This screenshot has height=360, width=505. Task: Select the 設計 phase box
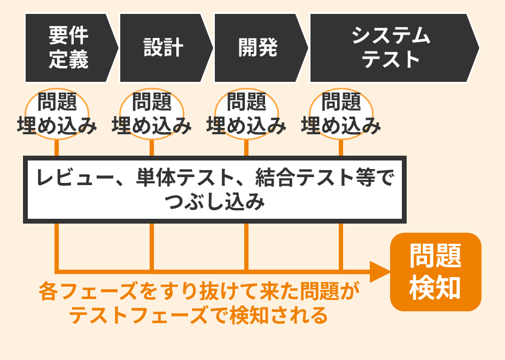(x=163, y=48)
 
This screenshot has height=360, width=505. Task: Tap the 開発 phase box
(x=258, y=48)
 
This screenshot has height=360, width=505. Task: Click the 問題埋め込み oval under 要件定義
(x=57, y=114)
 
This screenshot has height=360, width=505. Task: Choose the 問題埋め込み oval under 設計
(x=151, y=114)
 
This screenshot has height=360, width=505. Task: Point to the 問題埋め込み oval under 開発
(x=246, y=114)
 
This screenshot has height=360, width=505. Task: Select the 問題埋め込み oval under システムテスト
(x=341, y=114)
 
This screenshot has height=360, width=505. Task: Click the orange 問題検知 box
(x=436, y=272)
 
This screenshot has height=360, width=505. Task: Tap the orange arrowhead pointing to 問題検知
(x=380, y=272)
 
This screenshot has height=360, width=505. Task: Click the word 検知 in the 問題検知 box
(x=436, y=287)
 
